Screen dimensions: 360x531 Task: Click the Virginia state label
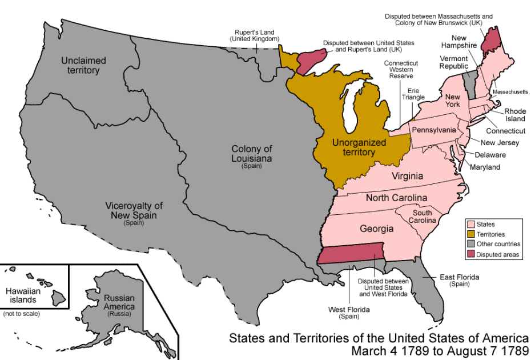click(x=407, y=176)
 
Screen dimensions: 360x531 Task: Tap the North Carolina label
click(x=396, y=198)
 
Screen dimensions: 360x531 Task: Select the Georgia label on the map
click(x=376, y=229)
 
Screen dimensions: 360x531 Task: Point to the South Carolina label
click(x=423, y=216)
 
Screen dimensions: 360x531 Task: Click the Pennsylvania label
click(x=434, y=130)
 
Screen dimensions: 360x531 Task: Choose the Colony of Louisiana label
click(x=251, y=153)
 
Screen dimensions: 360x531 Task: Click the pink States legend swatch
click(x=471, y=225)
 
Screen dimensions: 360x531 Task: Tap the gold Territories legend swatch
click(x=471, y=234)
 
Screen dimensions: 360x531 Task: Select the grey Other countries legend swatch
click(x=471, y=244)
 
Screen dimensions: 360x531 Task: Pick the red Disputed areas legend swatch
click(x=471, y=254)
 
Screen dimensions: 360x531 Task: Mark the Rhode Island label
click(x=514, y=115)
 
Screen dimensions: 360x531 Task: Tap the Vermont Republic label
click(x=453, y=62)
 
